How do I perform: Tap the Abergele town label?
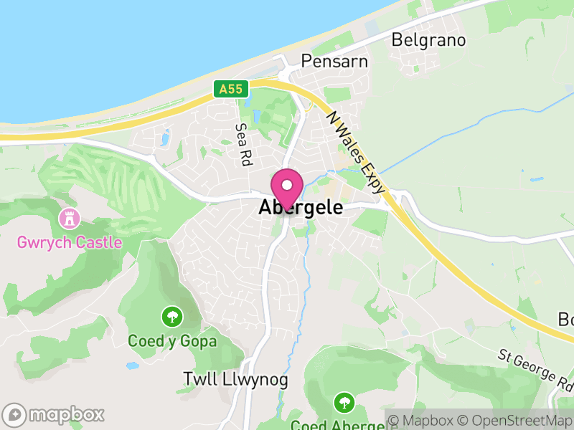(x=301, y=209)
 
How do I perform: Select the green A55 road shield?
(x=231, y=90)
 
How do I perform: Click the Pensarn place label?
(x=334, y=61)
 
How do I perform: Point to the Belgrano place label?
(x=428, y=39)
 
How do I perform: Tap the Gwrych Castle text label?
(x=70, y=242)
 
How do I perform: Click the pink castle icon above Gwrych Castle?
(x=70, y=216)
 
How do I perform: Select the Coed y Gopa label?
(x=172, y=341)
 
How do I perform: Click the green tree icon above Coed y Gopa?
(x=171, y=315)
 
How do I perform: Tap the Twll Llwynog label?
(x=235, y=379)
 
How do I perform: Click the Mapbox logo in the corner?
(x=55, y=414)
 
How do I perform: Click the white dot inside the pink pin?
(x=287, y=185)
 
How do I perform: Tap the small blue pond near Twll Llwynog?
(x=132, y=365)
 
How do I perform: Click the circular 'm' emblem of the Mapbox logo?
(x=14, y=414)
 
